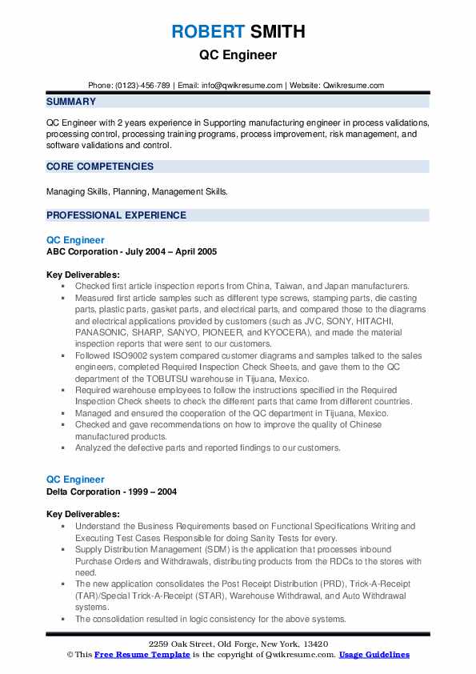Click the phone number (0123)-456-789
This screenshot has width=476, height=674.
(142, 86)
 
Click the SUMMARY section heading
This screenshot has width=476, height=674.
(71, 102)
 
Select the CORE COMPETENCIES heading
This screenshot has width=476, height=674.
(100, 166)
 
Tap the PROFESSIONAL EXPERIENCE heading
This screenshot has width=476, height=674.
(116, 215)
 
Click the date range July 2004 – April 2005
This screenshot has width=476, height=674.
(168, 251)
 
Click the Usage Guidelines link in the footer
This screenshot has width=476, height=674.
(374, 655)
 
